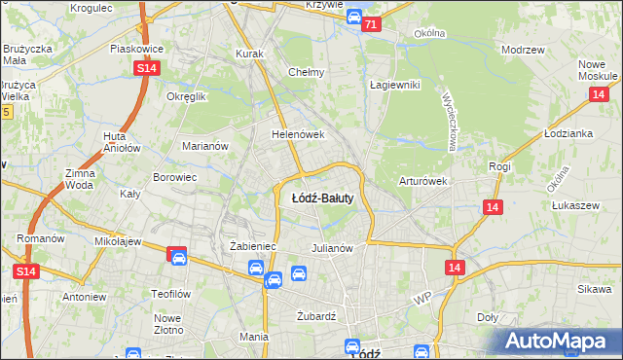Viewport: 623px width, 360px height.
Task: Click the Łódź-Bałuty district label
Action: point(322,198)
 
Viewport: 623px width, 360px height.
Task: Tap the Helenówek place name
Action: point(297,135)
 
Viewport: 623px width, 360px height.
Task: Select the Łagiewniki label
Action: point(394,85)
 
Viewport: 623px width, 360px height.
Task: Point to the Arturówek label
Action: point(421,181)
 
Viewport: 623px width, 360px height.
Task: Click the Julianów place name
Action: point(331,247)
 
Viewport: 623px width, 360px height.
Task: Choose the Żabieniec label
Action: point(253,247)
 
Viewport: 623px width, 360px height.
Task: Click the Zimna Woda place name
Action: point(79,178)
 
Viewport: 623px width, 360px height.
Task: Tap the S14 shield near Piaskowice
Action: point(146,67)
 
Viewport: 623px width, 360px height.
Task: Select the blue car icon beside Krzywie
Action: point(354,18)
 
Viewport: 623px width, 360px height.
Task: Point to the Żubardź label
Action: point(315,315)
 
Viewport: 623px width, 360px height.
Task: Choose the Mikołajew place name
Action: point(119,240)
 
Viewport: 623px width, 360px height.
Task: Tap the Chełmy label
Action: point(306,72)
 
